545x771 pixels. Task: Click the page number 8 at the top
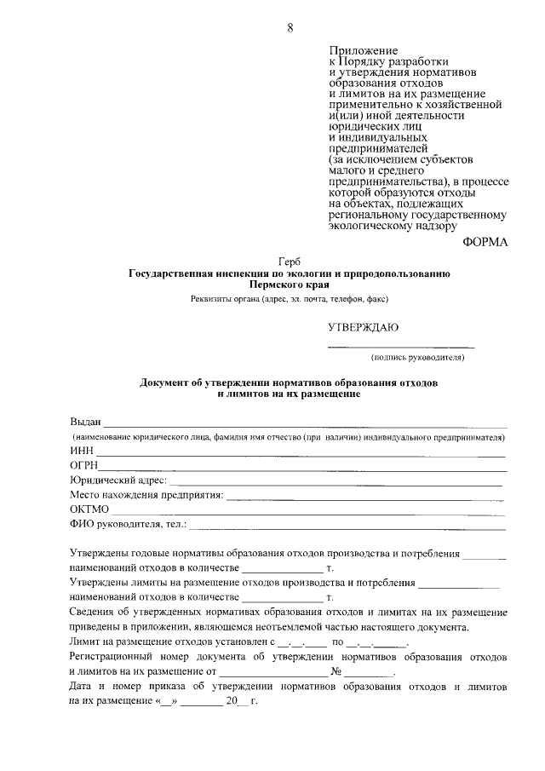click(x=290, y=28)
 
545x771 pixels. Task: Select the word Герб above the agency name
click(x=290, y=261)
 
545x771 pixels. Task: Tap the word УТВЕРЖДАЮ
click(x=363, y=327)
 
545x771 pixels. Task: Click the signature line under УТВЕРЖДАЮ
click(x=401, y=348)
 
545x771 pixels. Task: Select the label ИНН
click(x=82, y=451)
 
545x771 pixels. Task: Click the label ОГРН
click(x=84, y=465)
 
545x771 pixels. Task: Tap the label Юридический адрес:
click(x=118, y=480)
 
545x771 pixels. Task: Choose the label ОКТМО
click(x=89, y=509)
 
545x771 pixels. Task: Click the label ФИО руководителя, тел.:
click(x=128, y=524)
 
